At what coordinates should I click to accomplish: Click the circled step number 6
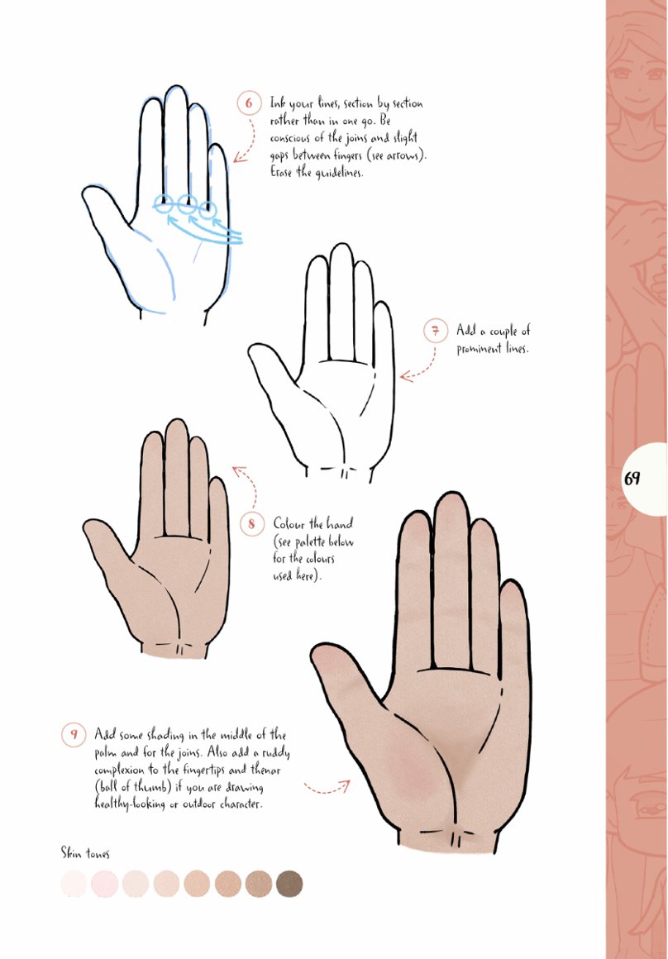pyautogui.click(x=249, y=103)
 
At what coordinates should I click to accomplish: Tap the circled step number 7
pyautogui.click(x=436, y=331)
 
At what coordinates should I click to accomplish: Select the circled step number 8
pyautogui.click(x=251, y=524)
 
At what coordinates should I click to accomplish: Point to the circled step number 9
pyautogui.click(x=74, y=734)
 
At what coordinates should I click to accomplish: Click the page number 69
pyautogui.click(x=632, y=478)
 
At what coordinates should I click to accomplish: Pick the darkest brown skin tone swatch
pyautogui.click(x=289, y=884)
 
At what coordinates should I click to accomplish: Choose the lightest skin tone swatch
pyautogui.click(x=74, y=884)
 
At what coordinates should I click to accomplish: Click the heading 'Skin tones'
pyautogui.click(x=85, y=852)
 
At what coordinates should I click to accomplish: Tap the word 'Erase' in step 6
pyautogui.click(x=282, y=172)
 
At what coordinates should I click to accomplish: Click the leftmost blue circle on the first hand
pyautogui.click(x=164, y=203)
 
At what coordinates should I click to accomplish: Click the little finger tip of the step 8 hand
pyautogui.click(x=217, y=482)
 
